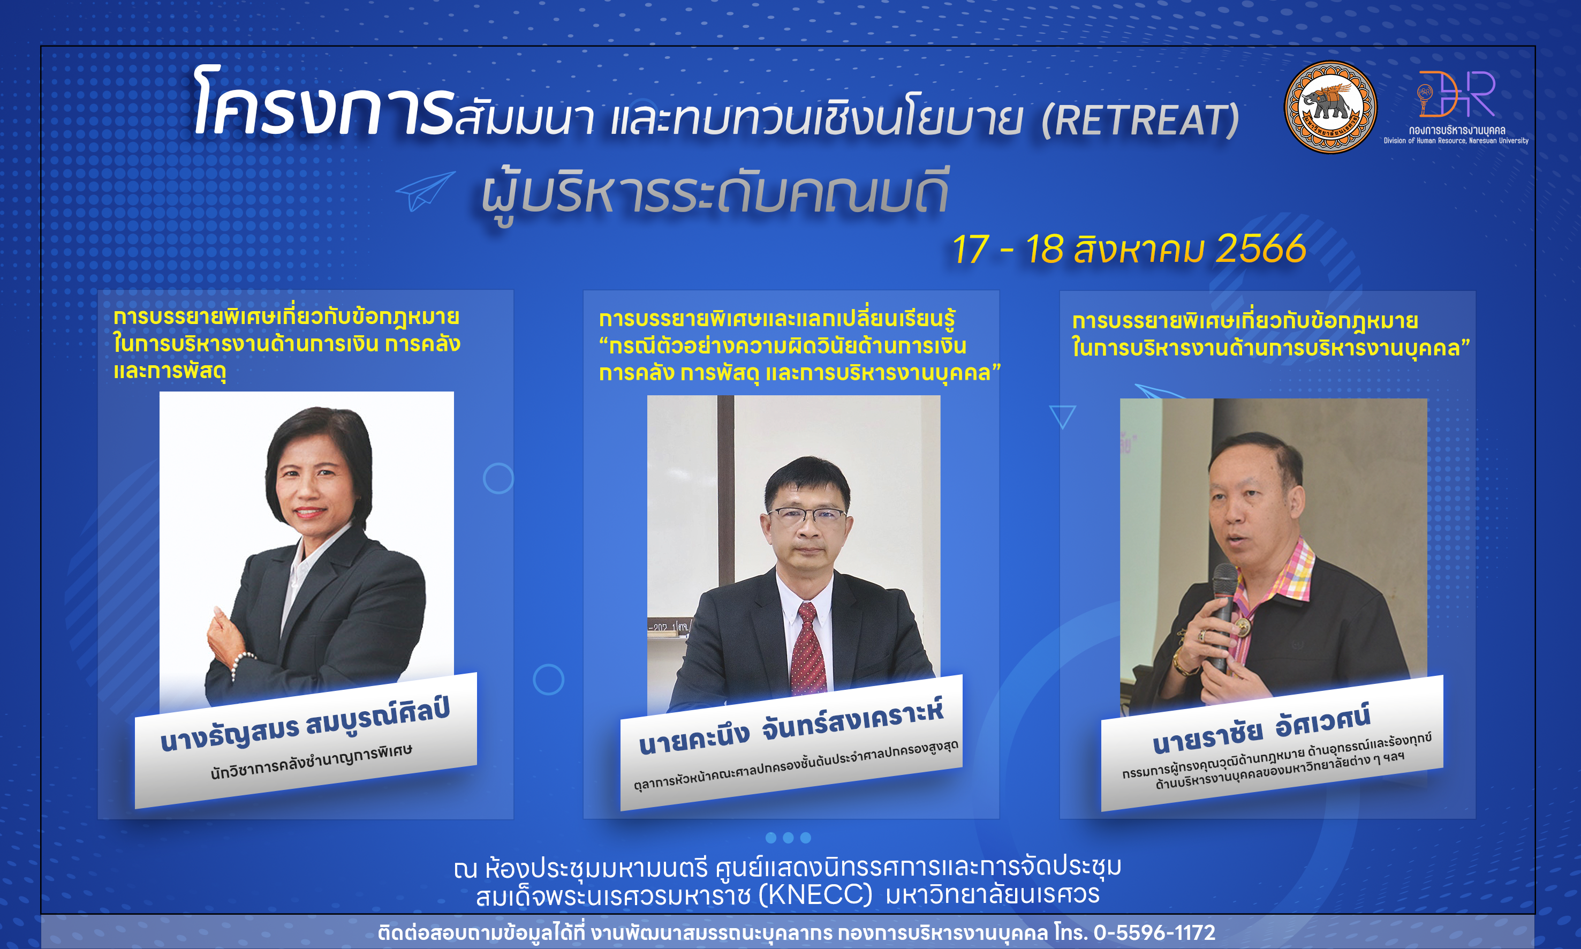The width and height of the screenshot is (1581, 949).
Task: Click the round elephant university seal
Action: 1330,107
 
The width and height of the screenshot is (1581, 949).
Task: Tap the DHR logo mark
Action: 1456,94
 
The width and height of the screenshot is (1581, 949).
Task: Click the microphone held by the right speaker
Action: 1222,614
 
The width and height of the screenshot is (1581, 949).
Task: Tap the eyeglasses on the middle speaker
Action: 808,514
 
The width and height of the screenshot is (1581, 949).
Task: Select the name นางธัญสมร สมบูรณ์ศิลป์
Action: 306,726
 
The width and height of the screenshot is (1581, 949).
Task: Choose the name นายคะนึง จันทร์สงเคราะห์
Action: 791,729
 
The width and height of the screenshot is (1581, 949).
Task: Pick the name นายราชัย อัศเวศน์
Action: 1261,729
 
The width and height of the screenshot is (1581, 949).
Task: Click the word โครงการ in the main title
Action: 323,102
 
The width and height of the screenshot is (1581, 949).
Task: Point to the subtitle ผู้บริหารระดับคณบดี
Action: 715,192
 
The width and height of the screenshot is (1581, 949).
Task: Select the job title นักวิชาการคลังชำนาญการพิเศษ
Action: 312,761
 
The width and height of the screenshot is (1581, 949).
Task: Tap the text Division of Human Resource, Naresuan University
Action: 1456,141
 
